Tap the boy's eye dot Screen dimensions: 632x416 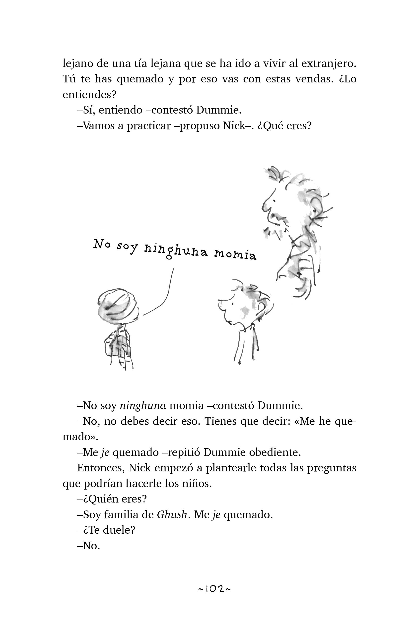[233, 303]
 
